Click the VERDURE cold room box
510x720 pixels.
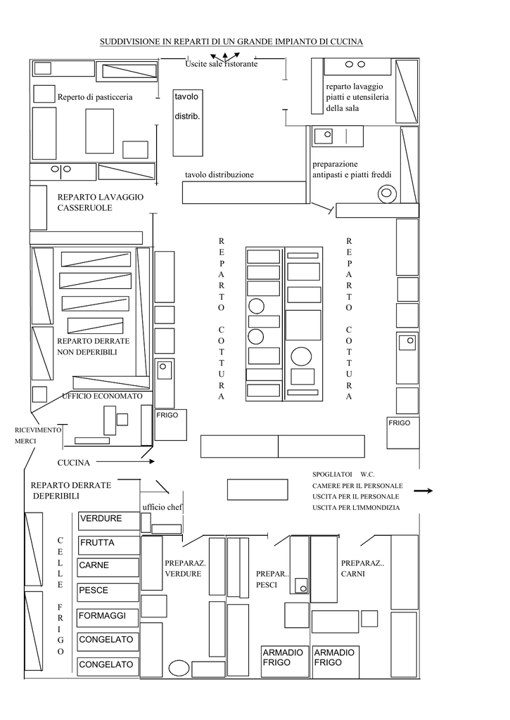click(108, 521)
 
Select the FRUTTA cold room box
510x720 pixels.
click(108, 545)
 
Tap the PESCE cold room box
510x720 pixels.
click(108, 592)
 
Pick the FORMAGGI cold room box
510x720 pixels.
click(108, 617)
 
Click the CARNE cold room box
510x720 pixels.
click(108, 567)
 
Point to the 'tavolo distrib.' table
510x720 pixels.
click(188, 122)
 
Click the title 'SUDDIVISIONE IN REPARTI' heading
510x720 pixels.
click(231, 41)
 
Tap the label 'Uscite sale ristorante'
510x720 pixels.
click(222, 64)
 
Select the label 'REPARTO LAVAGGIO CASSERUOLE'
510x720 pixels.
click(101, 202)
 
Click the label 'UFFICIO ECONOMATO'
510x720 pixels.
click(103, 396)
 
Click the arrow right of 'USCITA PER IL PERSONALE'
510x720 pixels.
click(423, 491)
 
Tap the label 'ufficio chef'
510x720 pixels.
click(162, 507)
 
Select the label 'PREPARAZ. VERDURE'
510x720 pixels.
click(185, 568)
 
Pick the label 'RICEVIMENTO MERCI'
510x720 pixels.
click(38, 435)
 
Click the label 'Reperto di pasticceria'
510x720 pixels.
click(95, 97)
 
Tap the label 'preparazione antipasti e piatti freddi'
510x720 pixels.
click(352, 169)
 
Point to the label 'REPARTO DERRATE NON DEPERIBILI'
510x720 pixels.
click(94, 347)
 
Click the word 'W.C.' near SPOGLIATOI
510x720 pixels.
click(368, 475)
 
